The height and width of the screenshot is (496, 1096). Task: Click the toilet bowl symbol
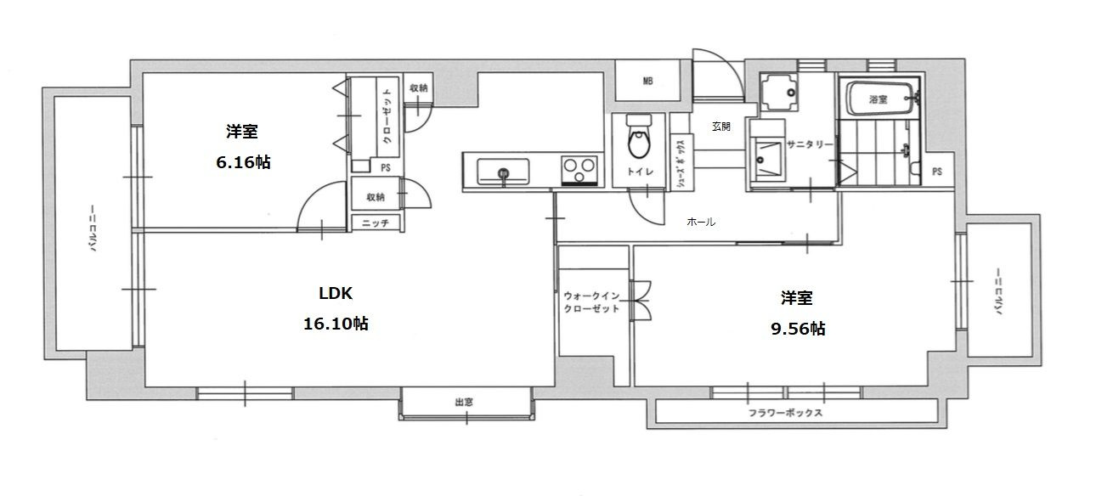point(639,138)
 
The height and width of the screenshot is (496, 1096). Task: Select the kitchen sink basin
point(503,172)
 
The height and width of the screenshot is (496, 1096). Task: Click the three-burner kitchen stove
point(579,170)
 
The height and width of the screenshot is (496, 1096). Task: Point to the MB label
point(647,82)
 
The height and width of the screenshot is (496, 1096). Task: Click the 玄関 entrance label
point(720,127)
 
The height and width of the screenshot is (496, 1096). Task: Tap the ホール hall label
point(701,222)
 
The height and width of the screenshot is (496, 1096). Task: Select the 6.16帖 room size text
point(243,162)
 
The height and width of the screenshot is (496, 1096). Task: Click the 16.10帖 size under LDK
point(336,324)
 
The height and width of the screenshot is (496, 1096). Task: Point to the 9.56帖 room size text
point(798,329)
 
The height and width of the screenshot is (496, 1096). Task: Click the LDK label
point(336,293)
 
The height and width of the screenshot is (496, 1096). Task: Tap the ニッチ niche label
point(376,223)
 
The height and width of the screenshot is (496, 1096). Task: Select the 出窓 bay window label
point(464,402)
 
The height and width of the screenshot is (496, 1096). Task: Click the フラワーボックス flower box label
point(785,413)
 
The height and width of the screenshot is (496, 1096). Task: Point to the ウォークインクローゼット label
point(591,302)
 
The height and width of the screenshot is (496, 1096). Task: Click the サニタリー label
point(810,144)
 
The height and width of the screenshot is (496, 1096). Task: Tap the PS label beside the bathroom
point(937,172)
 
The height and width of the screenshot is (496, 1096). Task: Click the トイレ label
point(640,172)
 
